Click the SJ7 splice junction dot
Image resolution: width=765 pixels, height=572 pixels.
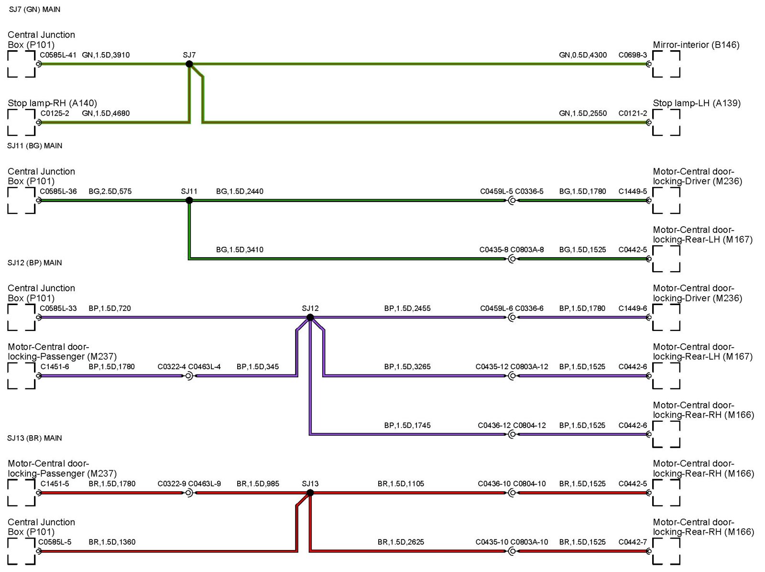point(189,64)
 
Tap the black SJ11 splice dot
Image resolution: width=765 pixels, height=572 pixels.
point(189,200)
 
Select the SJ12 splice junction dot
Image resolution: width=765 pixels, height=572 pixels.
point(310,317)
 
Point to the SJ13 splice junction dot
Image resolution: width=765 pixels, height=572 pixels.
point(310,493)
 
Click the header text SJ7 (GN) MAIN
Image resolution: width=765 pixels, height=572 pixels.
point(34,10)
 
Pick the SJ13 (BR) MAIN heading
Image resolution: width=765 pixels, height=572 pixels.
point(34,438)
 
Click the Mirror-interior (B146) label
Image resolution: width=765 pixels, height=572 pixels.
point(696,45)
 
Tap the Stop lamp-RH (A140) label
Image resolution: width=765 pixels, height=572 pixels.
point(52,103)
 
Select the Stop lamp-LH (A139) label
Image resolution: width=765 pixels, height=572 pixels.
point(696,103)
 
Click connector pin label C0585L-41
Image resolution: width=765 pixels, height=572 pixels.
point(58,55)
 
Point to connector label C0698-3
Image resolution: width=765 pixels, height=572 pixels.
point(633,55)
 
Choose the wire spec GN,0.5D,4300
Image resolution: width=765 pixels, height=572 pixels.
point(583,55)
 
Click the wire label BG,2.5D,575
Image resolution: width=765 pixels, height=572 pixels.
point(110,191)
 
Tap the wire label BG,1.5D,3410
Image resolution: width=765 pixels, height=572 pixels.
point(240,250)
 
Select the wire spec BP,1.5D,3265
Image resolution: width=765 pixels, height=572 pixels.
point(407,367)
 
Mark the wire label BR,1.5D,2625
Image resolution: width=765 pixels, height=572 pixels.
point(401,542)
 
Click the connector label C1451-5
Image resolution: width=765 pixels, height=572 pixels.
point(55,484)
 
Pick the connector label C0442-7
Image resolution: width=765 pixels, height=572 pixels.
point(633,542)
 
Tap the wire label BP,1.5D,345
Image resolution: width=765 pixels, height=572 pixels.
point(258,367)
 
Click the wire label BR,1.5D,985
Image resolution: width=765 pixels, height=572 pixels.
point(258,484)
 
